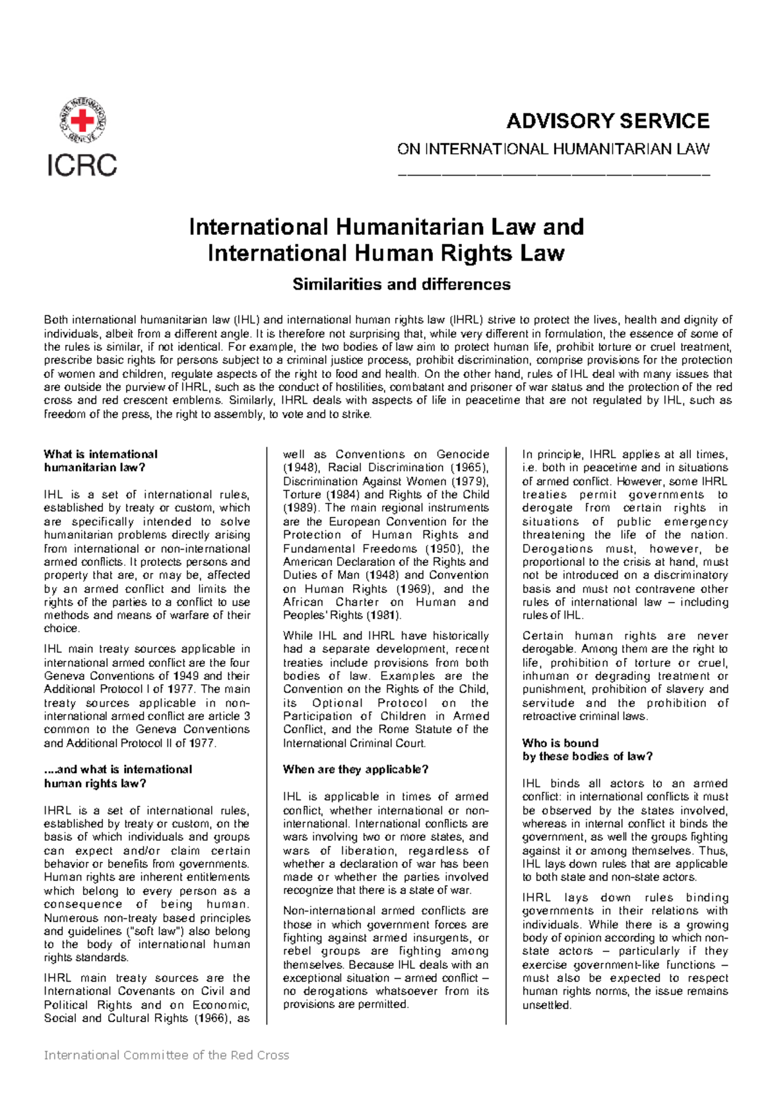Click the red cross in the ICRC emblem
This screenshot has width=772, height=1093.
tap(82, 120)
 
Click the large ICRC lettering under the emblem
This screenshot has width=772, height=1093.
tap(82, 165)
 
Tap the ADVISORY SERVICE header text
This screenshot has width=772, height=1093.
tap(607, 121)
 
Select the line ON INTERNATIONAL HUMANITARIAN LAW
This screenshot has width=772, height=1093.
tap(553, 149)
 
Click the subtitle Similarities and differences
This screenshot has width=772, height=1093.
tap(401, 285)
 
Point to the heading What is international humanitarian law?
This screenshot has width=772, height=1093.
tap(100, 461)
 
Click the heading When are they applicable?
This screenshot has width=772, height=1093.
tap(356, 770)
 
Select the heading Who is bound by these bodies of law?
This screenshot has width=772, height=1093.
tap(587, 750)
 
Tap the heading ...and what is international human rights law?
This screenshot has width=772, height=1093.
tap(118, 776)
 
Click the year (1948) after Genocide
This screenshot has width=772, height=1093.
tap(299, 468)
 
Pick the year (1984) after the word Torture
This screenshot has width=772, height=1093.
tap(342, 495)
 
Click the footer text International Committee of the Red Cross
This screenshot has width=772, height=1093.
tap(166, 1055)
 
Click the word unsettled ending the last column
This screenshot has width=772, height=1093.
tap(546, 1005)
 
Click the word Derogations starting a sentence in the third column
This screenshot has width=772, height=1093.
tap(558, 549)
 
